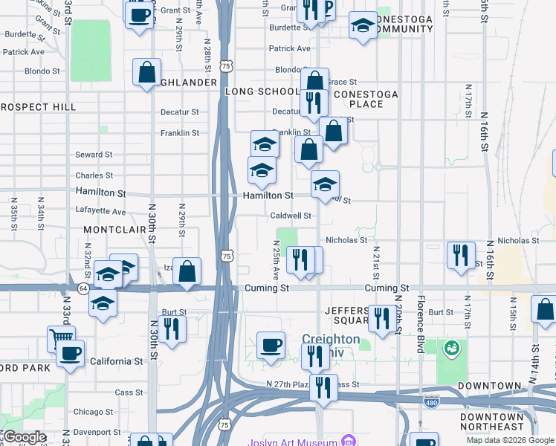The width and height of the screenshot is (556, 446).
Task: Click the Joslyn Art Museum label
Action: tap(294, 440)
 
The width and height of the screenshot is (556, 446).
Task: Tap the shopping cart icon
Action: tap(61, 338)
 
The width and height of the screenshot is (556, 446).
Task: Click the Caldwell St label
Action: tap(290, 216)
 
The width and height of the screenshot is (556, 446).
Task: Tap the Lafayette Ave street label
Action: tap(100, 211)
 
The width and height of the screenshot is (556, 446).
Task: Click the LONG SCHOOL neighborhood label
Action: tap(261, 91)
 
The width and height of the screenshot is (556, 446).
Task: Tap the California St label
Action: tap(117, 361)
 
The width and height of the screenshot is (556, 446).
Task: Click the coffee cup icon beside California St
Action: tap(70, 353)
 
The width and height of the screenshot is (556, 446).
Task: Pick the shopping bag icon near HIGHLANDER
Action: tap(147, 72)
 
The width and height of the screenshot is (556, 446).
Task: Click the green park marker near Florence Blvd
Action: tap(450, 347)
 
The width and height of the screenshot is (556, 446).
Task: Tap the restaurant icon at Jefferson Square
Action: tap(382, 319)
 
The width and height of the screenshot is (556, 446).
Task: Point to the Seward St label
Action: tap(94, 155)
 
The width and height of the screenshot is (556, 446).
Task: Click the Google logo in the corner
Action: tap(25, 437)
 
